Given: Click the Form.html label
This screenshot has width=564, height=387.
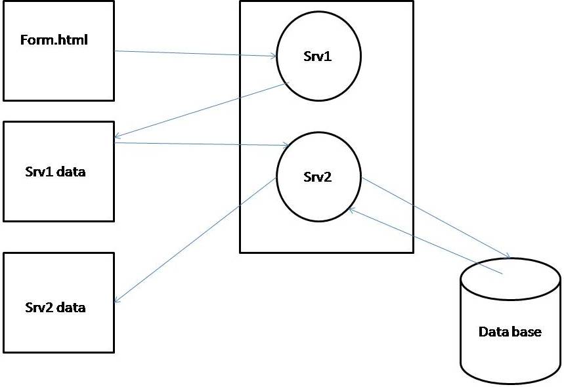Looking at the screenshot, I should pyautogui.click(x=54, y=40).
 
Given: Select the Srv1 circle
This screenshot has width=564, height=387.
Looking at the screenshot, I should pyautogui.click(x=318, y=56).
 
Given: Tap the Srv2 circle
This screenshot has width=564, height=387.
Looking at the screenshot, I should pyautogui.click(x=318, y=176).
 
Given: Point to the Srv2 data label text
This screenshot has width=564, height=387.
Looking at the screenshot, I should pyautogui.click(x=55, y=307).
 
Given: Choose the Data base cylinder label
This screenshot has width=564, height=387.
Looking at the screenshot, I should pyautogui.click(x=510, y=331).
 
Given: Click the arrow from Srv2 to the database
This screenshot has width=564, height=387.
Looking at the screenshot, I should pyautogui.click(x=436, y=216).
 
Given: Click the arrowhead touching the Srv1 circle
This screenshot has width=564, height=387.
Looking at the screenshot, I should pyautogui.click(x=273, y=56).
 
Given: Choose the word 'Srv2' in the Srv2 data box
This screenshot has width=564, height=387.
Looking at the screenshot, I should pyautogui.click(x=39, y=307).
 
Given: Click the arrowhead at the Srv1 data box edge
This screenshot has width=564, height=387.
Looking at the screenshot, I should pyautogui.click(x=117, y=137).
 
